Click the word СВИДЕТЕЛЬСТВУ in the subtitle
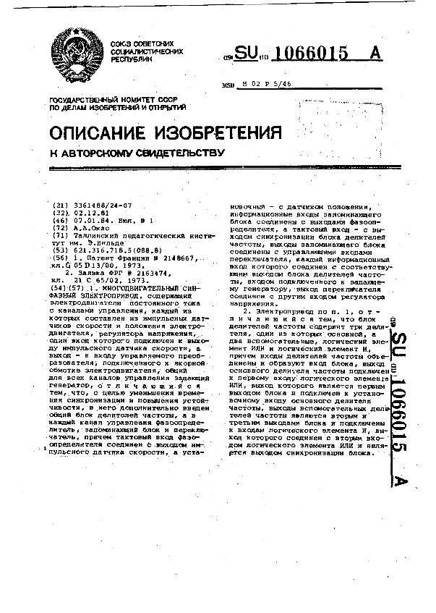[x=169, y=153]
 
